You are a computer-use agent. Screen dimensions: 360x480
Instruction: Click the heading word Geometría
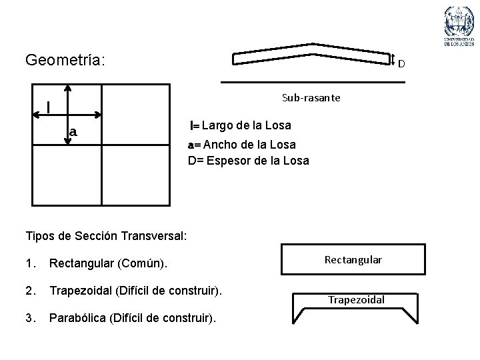64,61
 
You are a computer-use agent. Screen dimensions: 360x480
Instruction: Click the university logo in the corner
459,27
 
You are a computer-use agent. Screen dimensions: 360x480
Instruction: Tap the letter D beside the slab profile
402,64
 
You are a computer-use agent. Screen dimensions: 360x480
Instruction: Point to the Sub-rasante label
311,98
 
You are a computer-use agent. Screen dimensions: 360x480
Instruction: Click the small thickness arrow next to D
392,60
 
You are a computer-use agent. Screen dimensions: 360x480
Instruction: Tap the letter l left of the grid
49,107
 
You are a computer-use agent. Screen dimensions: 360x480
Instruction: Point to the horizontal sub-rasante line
313,81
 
